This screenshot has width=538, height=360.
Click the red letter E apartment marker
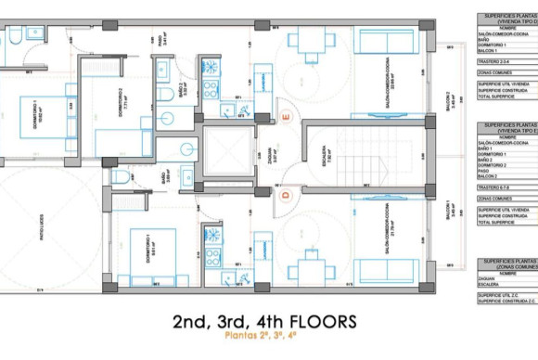[x=286, y=118]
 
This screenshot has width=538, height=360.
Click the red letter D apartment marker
[x=287, y=194]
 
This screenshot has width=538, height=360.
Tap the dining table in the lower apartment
[x=310, y=268]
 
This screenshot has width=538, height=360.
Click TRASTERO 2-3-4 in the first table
[x=496, y=58]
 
